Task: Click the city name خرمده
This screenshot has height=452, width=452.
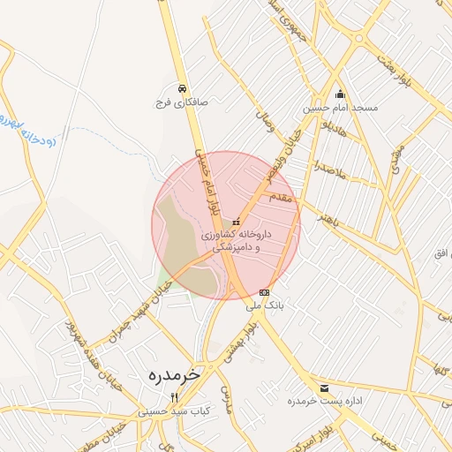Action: tap(169, 374)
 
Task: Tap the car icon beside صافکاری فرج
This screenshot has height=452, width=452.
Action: tap(181, 88)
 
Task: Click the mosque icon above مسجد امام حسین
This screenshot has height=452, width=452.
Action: tap(340, 94)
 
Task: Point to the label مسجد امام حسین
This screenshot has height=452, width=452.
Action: tap(341, 108)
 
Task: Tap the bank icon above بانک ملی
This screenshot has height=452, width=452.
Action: tap(265, 292)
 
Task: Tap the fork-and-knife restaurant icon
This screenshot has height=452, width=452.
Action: tap(174, 396)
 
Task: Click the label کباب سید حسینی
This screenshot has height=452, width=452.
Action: tap(174, 411)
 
